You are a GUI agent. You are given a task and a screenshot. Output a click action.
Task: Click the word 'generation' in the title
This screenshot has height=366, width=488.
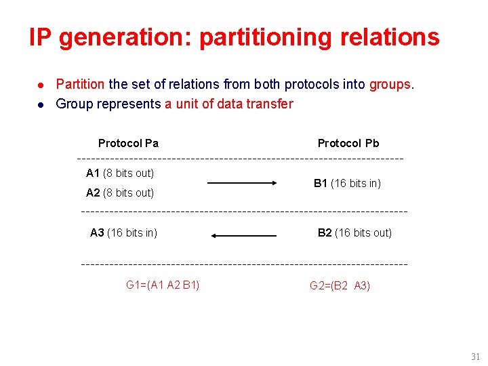coord(125,38)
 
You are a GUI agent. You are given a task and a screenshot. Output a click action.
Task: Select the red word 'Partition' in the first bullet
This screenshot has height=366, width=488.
coord(80,84)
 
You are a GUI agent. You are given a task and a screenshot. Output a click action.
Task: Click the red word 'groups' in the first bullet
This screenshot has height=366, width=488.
coord(390,84)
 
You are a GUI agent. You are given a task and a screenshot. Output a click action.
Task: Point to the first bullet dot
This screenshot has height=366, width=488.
coord(41,85)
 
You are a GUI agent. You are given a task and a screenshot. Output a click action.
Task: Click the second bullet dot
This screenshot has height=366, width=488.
coord(41,104)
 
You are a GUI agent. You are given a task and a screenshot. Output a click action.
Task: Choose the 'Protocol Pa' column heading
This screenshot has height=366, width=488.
coord(128,143)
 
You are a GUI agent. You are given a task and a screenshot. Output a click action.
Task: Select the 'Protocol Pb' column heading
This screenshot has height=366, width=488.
coord(348,143)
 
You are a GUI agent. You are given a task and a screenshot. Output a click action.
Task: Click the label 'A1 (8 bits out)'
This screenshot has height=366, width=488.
coord(120,174)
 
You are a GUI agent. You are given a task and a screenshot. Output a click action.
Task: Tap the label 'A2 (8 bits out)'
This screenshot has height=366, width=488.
coord(120,192)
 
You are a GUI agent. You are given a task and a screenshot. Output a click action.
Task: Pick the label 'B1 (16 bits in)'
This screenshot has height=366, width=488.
coord(347,183)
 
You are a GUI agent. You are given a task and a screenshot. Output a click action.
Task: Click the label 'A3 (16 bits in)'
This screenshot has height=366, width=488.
coord(123,233)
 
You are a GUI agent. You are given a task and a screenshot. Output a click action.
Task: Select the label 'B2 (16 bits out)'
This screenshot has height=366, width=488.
coord(354,233)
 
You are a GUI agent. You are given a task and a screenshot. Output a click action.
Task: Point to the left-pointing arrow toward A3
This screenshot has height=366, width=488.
coord(244,236)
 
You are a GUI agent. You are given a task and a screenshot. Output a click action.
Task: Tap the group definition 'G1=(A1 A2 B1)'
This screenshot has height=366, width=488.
coord(163,285)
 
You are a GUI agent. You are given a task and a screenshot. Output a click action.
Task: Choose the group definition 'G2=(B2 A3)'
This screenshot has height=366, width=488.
coord(340,286)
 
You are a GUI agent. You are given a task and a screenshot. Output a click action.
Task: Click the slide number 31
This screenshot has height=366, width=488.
coord(475,357)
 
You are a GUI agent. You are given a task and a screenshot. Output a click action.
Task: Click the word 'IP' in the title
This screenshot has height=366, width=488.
coord(40,38)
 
